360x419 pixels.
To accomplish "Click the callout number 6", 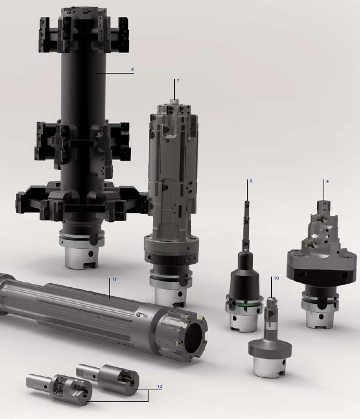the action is point(132,70).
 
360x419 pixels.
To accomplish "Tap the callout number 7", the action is point(178,80).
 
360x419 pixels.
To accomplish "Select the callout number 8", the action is point(251,181).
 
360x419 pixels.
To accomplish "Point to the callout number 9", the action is point(328,181).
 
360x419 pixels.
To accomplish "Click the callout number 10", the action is point(276,278).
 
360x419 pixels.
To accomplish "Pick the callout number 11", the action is point(114,280).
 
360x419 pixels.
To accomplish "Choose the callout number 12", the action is point(159,387).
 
